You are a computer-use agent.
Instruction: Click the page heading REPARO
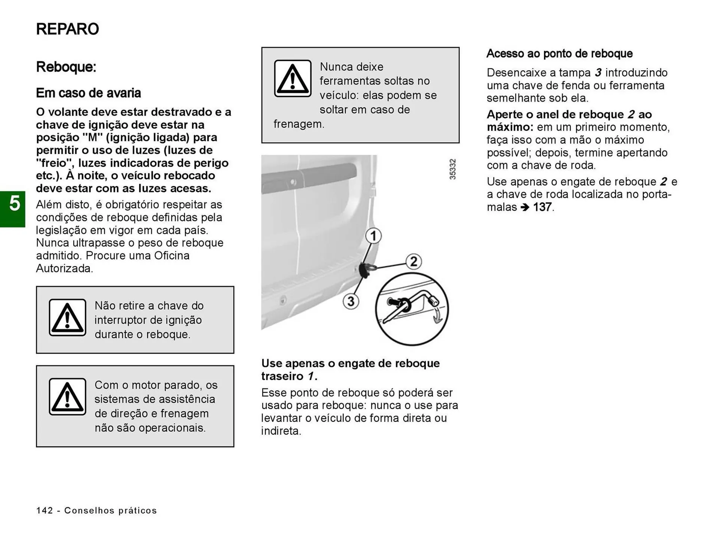(68, 29)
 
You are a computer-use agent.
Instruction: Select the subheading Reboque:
(66, 67)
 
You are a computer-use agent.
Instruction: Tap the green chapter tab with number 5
(13, 209)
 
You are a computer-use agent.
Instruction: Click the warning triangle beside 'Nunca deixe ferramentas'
(293, 79)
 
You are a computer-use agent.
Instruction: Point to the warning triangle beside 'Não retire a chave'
(67, 318)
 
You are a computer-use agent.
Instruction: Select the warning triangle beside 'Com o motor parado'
(67, 397)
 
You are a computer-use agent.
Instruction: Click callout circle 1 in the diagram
(373, 236)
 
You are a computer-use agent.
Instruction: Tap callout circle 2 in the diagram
(413, 261)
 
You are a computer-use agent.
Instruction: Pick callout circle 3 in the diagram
(351, 301)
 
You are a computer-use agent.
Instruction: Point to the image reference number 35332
(453, 169)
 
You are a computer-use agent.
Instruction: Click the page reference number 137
(542, 207)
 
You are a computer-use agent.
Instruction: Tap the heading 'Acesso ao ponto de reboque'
(559, 54)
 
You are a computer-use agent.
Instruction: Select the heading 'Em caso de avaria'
(88, 93)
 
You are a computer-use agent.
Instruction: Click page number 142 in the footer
(45, 510)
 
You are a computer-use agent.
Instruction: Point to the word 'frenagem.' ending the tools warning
(299, 124)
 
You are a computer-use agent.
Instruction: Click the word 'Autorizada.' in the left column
(65, 269)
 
